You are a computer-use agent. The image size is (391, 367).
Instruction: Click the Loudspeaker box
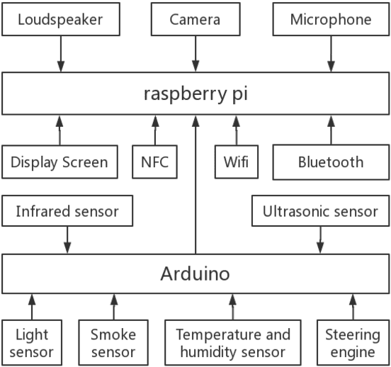pos(59,19)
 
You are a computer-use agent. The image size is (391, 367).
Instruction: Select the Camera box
pos(195,19)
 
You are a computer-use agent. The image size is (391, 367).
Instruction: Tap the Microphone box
pos(330,19)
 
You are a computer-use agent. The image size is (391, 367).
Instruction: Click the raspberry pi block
pos(195,94)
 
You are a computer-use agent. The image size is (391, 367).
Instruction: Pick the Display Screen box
pos(59,162)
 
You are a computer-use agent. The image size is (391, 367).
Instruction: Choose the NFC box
pos(154,162)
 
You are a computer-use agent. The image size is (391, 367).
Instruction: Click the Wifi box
pos(237,162)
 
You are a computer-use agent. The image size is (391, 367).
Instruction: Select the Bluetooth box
pos(330,162)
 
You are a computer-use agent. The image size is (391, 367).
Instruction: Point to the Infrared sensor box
pos(67,211)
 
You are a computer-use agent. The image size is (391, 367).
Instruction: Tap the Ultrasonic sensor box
pos(320,211)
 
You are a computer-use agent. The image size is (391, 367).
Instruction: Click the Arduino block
pos(195,273)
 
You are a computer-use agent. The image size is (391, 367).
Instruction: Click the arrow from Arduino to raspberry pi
pos(195,184)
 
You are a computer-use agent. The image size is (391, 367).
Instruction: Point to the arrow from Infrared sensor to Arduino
pos(67,239)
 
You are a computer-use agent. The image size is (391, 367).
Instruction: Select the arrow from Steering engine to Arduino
pos(352,306)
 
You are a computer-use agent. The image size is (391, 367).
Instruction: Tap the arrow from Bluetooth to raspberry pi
pos(330,130)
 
